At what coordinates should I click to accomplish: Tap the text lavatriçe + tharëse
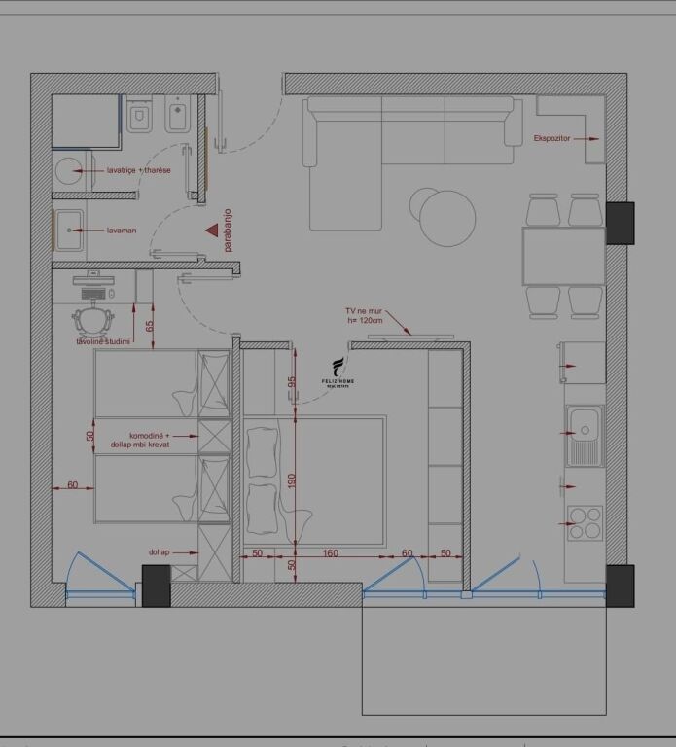click(x=138, y=170)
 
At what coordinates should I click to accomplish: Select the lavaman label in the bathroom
click(x=122, y=231)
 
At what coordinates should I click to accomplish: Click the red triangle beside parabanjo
click(x=212, y=231)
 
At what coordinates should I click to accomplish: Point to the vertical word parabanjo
click(x=229, y=234)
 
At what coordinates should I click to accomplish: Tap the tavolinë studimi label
click(x=110, y=342)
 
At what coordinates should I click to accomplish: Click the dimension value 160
click(x=331, y=553)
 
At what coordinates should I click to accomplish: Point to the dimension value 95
click(x=291, y=382)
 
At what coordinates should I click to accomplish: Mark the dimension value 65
click(x=150, y=327)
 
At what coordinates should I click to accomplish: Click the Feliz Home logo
click(x=338, y=372)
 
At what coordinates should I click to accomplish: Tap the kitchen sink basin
click(x=586, y=424)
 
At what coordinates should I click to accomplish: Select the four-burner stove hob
click(x=585, y=523)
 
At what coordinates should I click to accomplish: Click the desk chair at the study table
click(x=93, y=318)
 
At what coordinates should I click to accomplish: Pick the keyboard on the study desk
click(x=95, y=292)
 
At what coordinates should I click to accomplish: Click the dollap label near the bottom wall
click(x=159, y=551)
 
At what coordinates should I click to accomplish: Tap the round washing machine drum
click(x=69, y=171)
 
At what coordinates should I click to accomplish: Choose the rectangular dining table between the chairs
click(x=563, y=256)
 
